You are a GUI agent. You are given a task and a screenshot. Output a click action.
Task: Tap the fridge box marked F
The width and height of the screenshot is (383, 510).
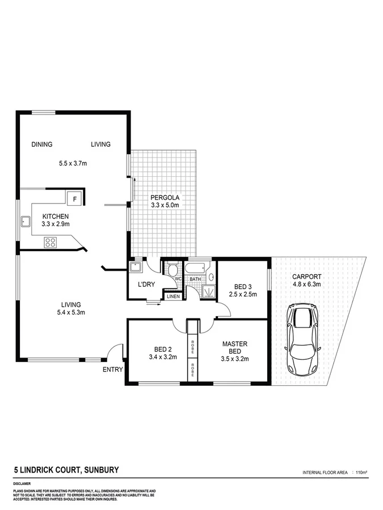click(74, 198)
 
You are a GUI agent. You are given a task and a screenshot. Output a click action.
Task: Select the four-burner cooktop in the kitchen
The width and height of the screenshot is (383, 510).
click(50, 243)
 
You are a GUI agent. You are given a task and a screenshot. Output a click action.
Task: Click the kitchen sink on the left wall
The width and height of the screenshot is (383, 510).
click(26, 222)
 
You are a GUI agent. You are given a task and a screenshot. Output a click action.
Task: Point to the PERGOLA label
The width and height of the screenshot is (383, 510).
click(164, 197)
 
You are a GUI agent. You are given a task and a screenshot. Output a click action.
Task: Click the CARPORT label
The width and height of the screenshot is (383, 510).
click(306, 277)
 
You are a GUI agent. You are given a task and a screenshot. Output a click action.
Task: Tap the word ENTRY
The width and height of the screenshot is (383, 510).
click(112, 369)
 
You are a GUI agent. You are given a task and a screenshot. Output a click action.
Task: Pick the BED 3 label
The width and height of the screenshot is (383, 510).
click(243, 286)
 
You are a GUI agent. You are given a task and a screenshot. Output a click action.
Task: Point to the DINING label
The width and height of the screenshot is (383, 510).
click(42, 144)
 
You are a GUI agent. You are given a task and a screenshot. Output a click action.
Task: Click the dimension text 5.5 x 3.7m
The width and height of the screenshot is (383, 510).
click(73, 164)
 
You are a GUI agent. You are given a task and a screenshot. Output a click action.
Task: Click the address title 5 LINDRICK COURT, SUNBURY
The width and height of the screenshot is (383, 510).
click(66, 470)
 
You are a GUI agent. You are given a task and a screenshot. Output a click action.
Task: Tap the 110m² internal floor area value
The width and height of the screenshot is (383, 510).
click(361, 472)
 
